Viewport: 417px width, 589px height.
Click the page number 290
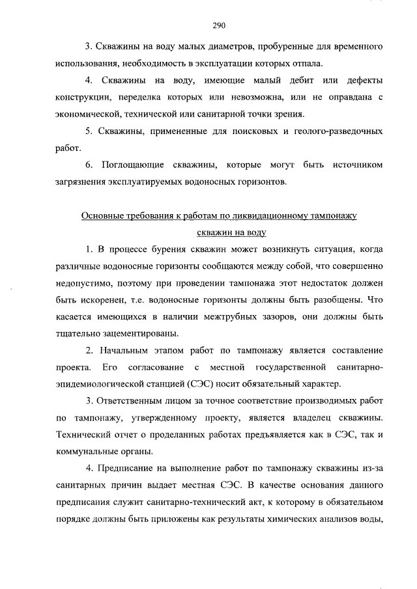(219, 26)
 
